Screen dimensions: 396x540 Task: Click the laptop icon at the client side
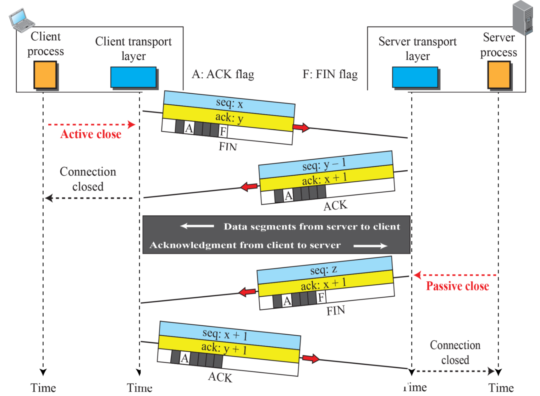tap(21, 20)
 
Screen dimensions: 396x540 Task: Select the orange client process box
tap(45, 74)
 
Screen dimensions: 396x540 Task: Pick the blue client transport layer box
tap(133, 77)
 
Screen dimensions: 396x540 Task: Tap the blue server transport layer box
tap(415, 77)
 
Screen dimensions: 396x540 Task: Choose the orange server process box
tap(499, 74)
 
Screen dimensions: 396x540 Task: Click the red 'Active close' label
tap(91, 134)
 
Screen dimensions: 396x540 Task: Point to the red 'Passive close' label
tap(457, 286)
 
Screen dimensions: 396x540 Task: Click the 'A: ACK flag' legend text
tap(223, 74)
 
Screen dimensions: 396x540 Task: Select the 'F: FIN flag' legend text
tap(330, 74)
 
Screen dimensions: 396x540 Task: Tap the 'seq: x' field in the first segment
tap(229, 103)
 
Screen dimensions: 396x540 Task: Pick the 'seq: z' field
tap(324, 270)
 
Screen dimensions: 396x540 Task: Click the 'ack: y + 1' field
tap(224, 348)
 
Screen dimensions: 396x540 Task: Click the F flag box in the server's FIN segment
tap(321, 297)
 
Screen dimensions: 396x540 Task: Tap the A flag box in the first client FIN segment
tap(189, 128)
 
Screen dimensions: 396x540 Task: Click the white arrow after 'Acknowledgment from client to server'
tap(370, 246)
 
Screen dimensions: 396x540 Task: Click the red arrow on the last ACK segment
tap(311, 358)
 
